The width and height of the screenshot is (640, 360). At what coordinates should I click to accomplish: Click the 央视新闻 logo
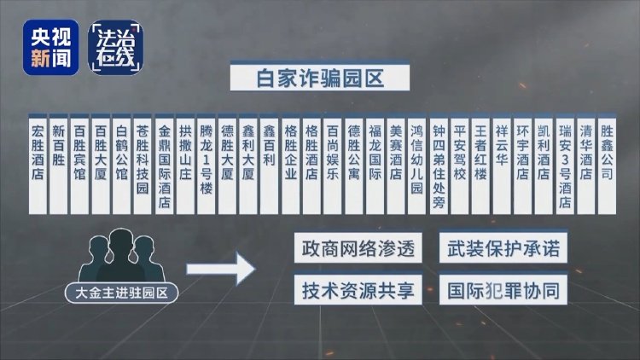click(50, 48)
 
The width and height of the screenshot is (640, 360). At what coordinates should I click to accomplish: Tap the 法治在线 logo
click(115, 48)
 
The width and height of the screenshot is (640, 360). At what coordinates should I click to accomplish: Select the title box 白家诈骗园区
click(320, 77)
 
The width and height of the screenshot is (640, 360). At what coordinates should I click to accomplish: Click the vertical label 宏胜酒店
click(38, 165)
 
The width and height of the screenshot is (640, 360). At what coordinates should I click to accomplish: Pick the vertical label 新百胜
click(58, 165)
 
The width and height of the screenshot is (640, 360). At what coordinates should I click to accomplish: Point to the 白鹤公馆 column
click(121, 165)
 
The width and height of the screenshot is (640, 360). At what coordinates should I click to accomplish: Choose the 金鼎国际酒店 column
click(164, 165)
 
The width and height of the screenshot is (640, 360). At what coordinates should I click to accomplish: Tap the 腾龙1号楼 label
click(207, 165)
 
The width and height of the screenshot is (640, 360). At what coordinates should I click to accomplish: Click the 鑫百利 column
click(269, 165)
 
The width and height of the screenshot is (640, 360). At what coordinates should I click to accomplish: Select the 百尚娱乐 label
click(333, 165)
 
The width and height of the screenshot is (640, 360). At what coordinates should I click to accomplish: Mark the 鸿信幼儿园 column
click(416, 165)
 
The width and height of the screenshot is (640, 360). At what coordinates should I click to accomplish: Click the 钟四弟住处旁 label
click(439, 165)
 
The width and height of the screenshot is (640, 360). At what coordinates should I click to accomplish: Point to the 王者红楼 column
click(480, 165)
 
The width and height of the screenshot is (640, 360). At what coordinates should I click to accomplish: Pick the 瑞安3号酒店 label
click(565, 165)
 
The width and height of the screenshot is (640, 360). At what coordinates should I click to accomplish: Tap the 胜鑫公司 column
click(607, 165)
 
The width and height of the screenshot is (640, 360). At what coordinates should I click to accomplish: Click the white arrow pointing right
click(221, 269)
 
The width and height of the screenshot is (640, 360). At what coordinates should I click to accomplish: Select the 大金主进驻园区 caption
click(122, 293)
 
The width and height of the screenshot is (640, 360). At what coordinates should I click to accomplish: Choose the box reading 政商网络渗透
click(358, 248)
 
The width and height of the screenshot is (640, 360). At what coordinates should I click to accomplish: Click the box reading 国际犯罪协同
click(503, 290)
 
